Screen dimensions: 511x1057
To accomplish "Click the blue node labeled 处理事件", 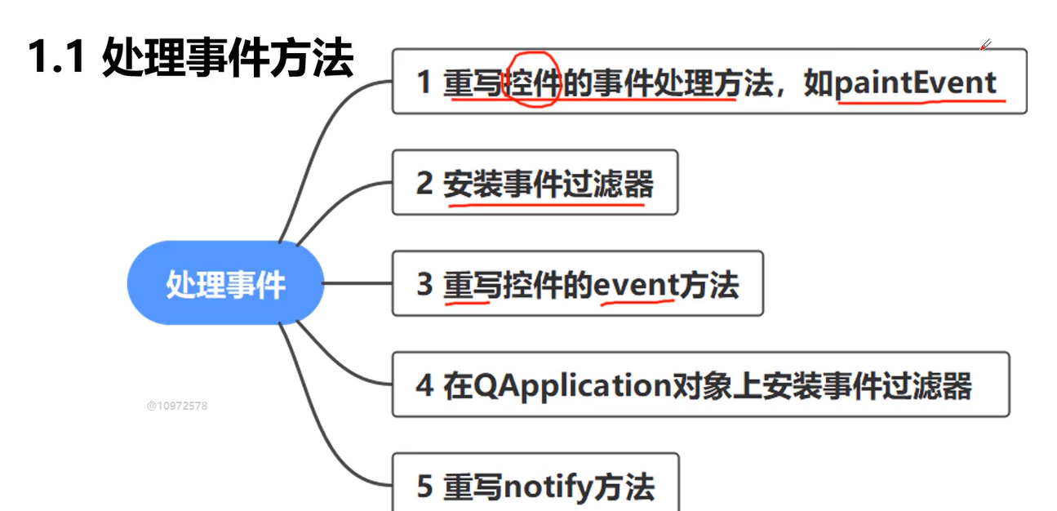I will coord(225,283).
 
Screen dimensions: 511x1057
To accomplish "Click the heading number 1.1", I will coord(58,59).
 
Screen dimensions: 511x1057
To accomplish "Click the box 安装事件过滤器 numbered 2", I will coord(535,183).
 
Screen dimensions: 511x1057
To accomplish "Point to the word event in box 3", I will coord(636,285).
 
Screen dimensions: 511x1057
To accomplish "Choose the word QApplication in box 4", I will coord(571,385).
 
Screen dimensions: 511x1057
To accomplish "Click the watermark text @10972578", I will coord(176,405).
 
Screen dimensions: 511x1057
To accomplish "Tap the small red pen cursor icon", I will coord(985,45).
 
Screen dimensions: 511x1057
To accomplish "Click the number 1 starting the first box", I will coord(423,82).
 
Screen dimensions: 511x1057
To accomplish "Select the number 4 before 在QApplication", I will coord(424,385).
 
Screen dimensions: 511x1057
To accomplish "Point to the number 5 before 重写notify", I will coord(424,487).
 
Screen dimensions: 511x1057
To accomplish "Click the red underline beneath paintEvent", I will coord(921,102).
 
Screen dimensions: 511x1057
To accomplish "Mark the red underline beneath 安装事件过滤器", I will coord(545,204).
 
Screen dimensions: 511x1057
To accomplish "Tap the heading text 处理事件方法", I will coord(228,59).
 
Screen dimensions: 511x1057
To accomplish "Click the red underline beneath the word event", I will coord(637,303).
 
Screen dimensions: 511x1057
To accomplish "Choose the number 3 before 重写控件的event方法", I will coord(424,285).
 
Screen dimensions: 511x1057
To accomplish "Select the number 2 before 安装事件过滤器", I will coord(424,184).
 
